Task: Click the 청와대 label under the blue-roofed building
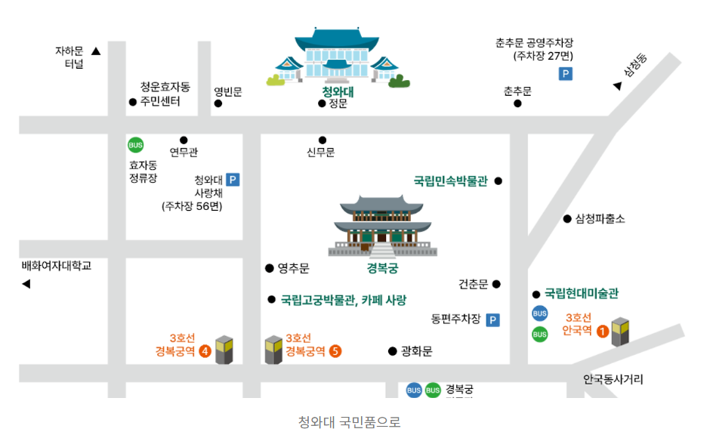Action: point(338,92)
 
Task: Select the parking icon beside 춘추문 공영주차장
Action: point(565,74)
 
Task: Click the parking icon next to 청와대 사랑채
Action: point(233,180)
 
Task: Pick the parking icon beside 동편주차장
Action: point(493,320)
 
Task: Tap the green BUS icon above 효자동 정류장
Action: point(135,145)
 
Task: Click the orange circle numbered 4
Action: point(204,350)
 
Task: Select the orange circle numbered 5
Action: point(335,350)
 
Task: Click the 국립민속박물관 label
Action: point(450,181)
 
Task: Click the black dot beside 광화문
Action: point(392,351)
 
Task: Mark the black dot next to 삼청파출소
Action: point(567,219)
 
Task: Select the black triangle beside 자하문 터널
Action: point(96,51)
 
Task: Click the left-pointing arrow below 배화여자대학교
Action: point(26,284)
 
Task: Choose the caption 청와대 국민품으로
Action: point(349,421)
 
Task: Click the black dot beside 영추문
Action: point(269,268)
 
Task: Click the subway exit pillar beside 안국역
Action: point(620,332)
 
